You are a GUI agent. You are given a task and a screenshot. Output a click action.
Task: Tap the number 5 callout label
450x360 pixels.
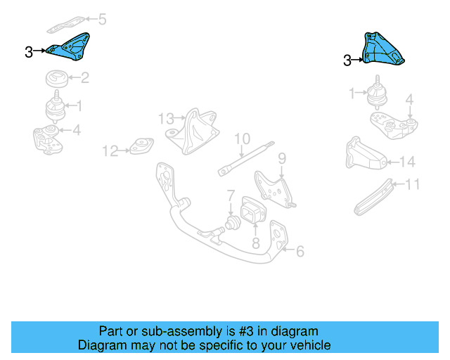coord(103,20)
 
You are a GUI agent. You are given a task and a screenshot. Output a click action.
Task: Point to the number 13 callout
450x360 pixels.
coord(165,117)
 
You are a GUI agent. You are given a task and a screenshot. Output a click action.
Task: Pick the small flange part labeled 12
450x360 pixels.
coord(139,147)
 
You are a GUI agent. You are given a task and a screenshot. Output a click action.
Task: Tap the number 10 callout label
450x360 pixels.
coord(242,139)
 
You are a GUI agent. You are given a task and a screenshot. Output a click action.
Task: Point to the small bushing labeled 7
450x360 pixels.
coord(229,224)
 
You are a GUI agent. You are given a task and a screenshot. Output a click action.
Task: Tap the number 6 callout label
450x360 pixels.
coord(299,250)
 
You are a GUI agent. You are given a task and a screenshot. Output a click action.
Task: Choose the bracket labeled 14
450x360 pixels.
coord(364,156)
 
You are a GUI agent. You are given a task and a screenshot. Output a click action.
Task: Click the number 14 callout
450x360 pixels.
coord(407,162)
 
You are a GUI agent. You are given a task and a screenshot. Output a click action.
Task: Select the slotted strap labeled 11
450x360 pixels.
coord(376,198)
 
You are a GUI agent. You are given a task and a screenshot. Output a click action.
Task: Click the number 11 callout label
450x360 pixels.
coord(412,185)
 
